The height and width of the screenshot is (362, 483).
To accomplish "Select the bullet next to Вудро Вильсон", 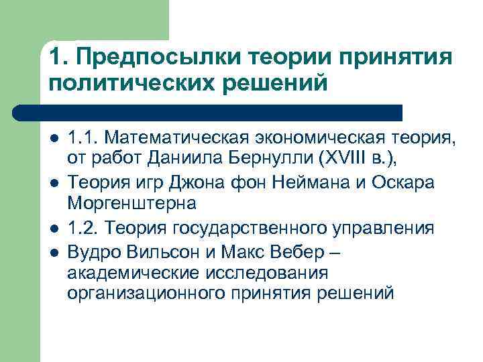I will [54, 251].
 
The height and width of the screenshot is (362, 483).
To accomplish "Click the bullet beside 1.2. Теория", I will [54, 228].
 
